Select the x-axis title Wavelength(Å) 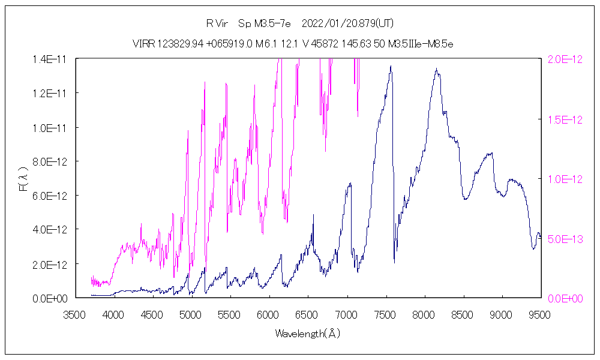coord(307,333)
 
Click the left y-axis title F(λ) coord(23,178)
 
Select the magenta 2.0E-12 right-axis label coord(564,59)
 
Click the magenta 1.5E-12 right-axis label coord(564,119)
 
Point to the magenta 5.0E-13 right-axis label coord(564,238)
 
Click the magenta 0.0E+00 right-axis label coord(564,298)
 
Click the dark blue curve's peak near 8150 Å coord(436,70)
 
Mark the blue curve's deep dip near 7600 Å coord(394,262)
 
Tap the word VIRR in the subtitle coord(143,44)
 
